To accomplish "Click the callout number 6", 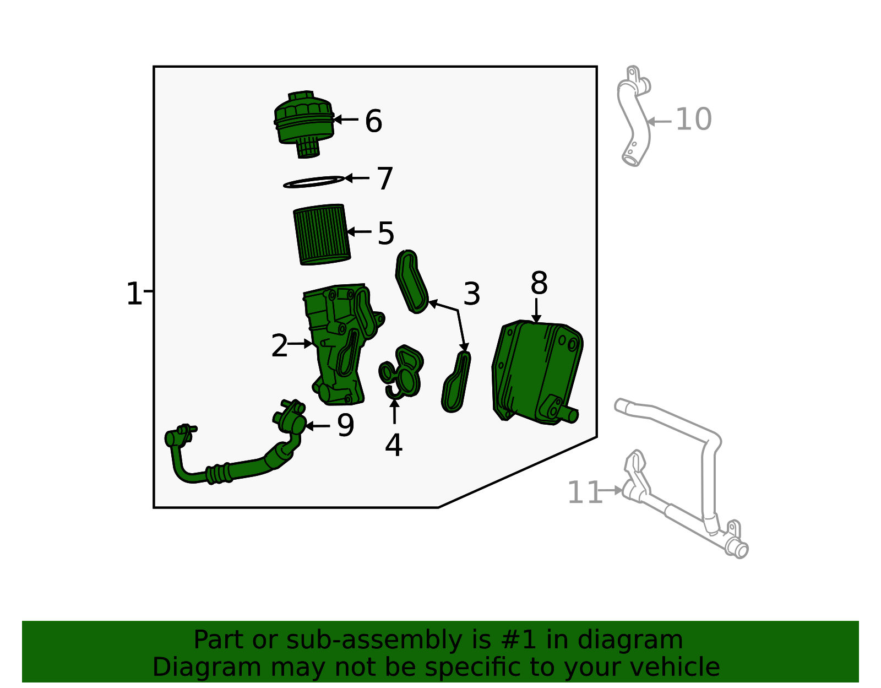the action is pyautogui.click(x=373, y=121).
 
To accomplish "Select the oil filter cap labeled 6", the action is pyautogui.click(x=304, y=123).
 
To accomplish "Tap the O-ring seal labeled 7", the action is pyautogui.click(x=314, y=182).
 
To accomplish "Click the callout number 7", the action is pyautogui.click(x=385, y=178).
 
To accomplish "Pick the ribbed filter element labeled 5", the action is pyautogui.click(x=322, y=234).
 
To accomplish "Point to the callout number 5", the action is pyautogui.click(x=385, y=233).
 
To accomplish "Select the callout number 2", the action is pyautogui.click(x=279, y=345).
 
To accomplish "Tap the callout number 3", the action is pyautogui.click(x=471, y=294).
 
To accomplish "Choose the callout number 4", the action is pyautogui.click(x=393, y=445).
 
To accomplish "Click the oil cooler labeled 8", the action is pyautogui.click(x=537, y=372).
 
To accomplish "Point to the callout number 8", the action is pyautogui.click(x=539, y=283).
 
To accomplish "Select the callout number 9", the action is pyautogui.click(x=345, y=425).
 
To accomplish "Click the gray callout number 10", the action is pyautogui.click(x=693, y=119).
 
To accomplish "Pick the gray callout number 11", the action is pyautogui.click(x=585, y=492).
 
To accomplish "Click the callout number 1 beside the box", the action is pyautogui.click(x=134, y=294).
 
